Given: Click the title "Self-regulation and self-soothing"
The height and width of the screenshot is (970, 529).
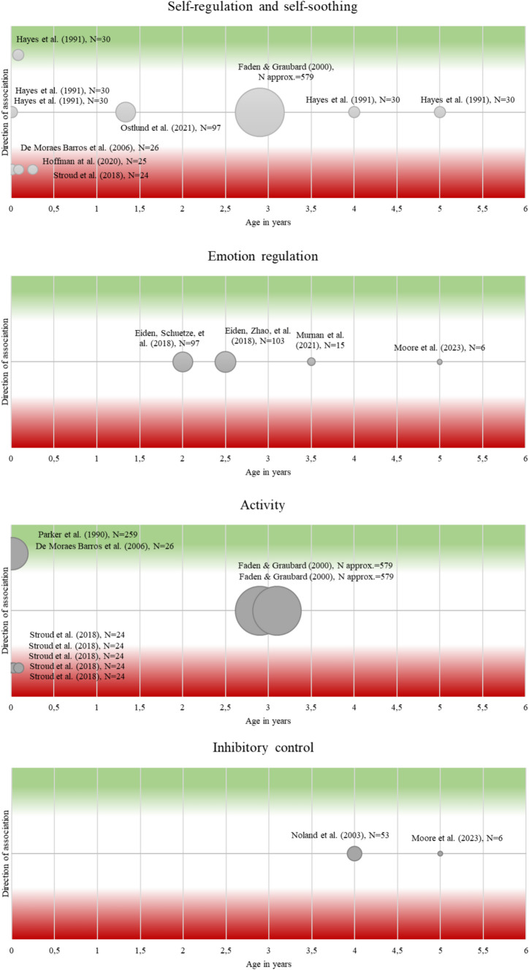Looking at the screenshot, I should pos(264,8).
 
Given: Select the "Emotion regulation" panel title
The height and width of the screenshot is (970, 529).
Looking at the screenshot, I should pos(264,257).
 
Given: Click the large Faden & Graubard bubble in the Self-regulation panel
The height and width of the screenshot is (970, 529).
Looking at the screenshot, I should pos(259,112).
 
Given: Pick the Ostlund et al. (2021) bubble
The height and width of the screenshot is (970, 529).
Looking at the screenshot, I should pos(126,112).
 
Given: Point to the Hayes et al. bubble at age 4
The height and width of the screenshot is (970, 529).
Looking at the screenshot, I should pos(354,112).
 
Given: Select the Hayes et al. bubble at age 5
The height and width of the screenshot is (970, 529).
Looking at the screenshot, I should pos(440,112).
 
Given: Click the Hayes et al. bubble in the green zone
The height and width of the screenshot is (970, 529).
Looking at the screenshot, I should pos(18,55).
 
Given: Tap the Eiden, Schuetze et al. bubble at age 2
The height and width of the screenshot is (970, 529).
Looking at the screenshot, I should pos(183,362).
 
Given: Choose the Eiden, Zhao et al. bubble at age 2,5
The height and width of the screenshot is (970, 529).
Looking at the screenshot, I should pos(226,362).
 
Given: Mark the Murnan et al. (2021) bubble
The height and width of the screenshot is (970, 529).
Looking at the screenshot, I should pos(311,362).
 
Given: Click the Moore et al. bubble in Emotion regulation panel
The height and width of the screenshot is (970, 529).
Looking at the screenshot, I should pos(440,362).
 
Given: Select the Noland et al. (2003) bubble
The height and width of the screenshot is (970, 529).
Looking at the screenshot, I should pos(354,853).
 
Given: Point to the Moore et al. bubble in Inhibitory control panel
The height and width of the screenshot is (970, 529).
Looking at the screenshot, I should pos(440,853).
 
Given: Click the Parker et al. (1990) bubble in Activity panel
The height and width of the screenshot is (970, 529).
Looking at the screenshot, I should pos(13,553).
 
